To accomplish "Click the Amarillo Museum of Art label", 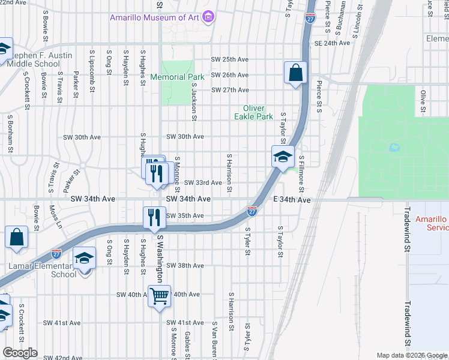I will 155,17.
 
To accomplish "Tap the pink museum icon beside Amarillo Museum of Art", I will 208,17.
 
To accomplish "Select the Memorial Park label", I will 177,77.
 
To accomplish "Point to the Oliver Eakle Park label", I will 253,112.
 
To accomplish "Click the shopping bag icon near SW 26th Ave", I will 296,73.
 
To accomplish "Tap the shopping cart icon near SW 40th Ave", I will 159,296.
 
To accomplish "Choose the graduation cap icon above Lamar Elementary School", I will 85,259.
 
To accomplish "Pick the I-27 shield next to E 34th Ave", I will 252,211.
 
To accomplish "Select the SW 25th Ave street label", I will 229,60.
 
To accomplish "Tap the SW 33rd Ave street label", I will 203,183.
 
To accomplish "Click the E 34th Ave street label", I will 292,199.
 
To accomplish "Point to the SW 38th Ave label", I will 185,265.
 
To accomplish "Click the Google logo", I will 20,353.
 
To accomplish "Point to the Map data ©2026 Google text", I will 411,355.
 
